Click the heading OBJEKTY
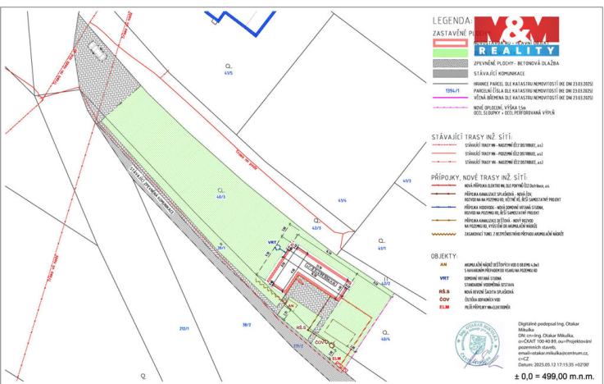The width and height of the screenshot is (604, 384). point(443,256)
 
